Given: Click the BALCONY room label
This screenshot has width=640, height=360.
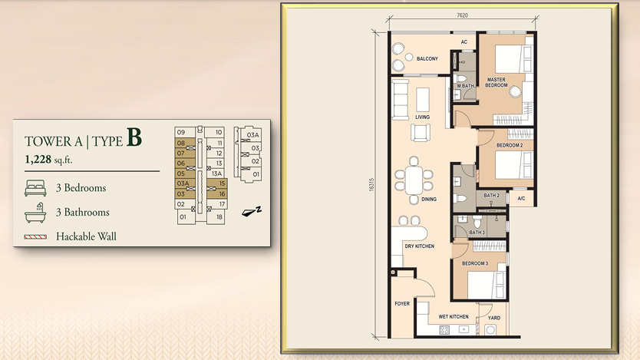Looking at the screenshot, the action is click(x=427, y=59).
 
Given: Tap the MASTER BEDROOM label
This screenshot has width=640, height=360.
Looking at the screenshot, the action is click(x=496, y=82).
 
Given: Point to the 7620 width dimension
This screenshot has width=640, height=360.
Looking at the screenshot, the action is click(x=462, y=15).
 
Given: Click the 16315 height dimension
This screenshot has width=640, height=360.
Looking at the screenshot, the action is click(x=371, y=184).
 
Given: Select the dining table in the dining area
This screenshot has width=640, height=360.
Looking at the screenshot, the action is click(x=414, y=180).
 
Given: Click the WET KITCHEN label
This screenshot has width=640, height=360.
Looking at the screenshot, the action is click(x=454, y=317).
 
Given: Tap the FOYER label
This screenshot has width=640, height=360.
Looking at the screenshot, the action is click(x=402, y=304).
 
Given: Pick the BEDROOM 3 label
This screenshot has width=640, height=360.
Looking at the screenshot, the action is click(x=475, y=263).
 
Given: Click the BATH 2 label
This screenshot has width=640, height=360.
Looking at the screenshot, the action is click(x=491, y=196).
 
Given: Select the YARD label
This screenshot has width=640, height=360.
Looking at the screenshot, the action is click(x=494, y=318).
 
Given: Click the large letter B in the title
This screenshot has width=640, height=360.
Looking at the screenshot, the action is click(x=134, y=137).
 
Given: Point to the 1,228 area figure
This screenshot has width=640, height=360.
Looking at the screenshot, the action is click(x=38, y=159).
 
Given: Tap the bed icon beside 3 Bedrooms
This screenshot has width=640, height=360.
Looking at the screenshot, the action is click(x=35, y=188).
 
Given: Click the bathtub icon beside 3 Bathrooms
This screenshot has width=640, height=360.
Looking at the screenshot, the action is click(x=35, y=213).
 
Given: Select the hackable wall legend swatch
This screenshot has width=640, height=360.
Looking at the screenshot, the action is click(x=35, y=236).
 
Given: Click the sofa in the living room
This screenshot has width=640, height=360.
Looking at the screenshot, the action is click(x=401, y=100).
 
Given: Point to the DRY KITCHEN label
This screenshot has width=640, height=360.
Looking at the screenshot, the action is click(x=419, y=246).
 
